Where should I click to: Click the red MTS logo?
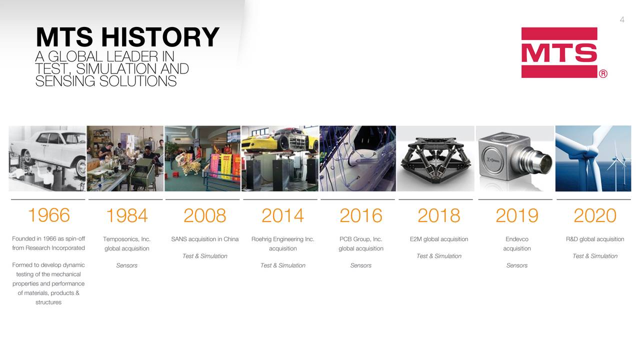559,52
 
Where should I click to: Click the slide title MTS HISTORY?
127,37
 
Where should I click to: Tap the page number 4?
622,20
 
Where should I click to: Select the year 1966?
48,215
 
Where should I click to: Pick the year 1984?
126,216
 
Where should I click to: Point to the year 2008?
204,216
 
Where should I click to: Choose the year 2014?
282,216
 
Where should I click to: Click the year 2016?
360,216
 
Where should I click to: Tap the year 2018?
438,216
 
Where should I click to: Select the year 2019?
516,216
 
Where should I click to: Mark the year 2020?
594,216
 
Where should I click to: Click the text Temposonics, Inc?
126,239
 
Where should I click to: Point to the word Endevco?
516,239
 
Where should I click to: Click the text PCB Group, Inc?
360,239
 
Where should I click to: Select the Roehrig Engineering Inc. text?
282,239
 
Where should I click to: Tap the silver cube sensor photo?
514,158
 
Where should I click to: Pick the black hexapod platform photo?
436,158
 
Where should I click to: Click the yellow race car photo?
280,158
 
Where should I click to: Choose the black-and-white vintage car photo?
47,158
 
